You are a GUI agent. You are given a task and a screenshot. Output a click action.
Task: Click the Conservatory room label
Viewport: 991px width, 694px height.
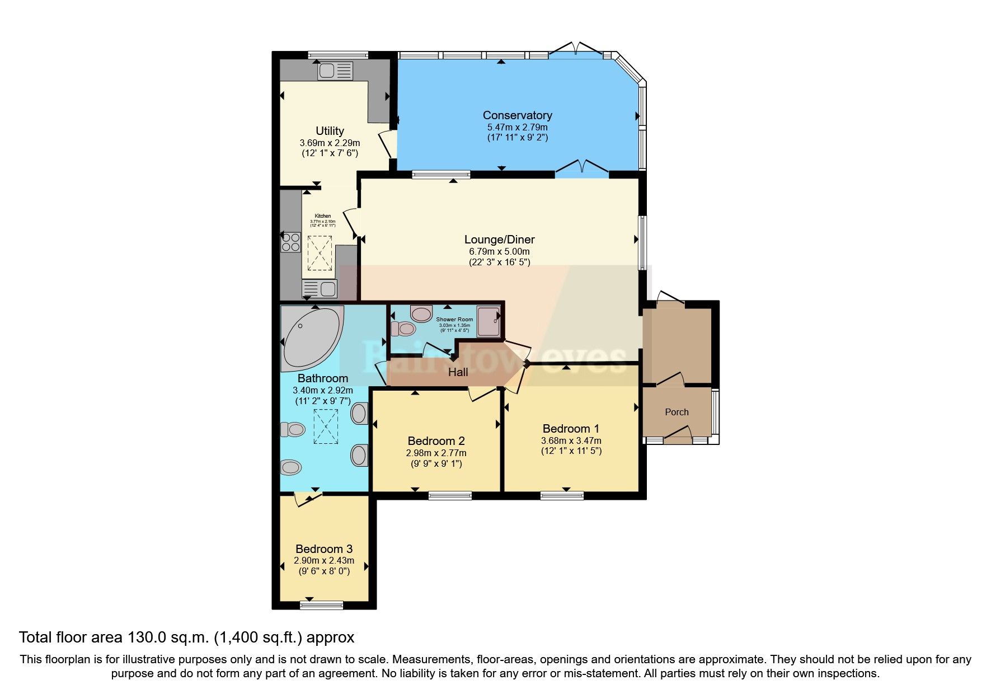[517, 115]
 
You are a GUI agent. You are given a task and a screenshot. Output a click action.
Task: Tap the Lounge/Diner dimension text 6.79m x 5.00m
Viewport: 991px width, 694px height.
[499, 252]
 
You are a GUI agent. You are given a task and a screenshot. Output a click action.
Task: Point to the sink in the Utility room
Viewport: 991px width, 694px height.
[335, 71]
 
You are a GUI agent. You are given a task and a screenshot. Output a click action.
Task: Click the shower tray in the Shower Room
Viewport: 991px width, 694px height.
[488, 322]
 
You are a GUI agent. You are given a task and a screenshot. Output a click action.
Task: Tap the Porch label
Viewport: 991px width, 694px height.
[677, 412]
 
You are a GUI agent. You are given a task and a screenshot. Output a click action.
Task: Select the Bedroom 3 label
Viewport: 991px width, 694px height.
[324, 548]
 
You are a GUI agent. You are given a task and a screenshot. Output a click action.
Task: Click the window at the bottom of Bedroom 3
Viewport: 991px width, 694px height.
[321, 604]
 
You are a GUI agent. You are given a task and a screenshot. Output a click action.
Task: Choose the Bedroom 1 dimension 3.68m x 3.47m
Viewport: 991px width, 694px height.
[571, 440]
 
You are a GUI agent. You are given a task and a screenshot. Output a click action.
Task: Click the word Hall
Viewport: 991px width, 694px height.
[458, 372]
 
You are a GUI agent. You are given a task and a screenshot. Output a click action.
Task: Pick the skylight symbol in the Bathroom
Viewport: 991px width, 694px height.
[326, 426]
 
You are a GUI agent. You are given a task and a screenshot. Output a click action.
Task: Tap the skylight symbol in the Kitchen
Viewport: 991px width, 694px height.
[320, 254]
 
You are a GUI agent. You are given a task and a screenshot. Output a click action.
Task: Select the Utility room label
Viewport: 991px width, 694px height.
[330, 131]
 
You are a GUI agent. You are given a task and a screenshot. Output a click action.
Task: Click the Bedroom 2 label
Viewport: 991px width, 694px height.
[436, 441]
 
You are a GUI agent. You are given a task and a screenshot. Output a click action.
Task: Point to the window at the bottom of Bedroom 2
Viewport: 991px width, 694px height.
[450, 495]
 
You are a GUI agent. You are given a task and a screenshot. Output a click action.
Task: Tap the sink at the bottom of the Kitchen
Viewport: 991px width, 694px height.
[320, 289]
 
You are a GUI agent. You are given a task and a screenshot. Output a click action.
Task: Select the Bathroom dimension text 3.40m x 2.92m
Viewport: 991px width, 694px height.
[323, 390]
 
